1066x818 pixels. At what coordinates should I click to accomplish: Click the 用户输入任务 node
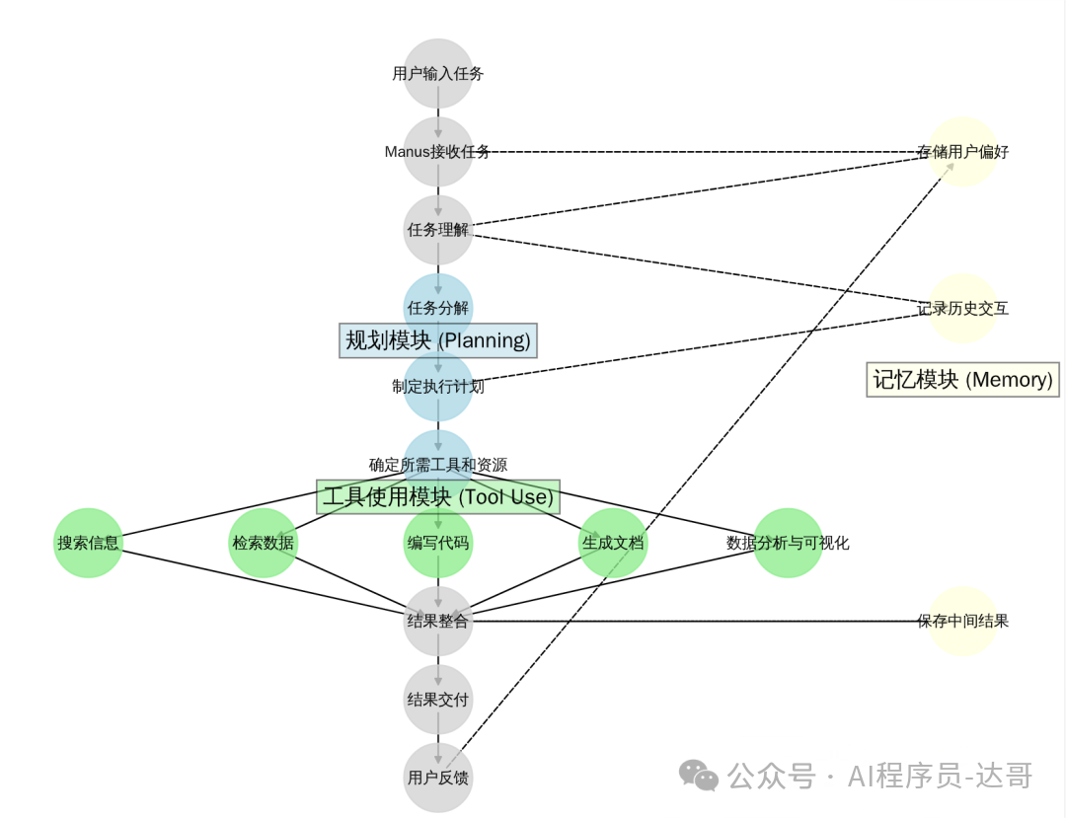(438, 73)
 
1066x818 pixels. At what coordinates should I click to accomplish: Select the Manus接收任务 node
(438, 152)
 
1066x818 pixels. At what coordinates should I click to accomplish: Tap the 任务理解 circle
(438, 230)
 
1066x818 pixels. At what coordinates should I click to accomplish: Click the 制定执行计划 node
(438, 387)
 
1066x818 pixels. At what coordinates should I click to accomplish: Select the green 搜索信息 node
(88, 543)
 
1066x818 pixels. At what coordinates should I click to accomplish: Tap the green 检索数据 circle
(263, 543)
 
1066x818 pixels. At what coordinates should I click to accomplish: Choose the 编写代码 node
(438, 543)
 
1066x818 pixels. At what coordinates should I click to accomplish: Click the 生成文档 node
(613, 543)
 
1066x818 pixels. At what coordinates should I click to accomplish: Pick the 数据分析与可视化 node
(788, 543)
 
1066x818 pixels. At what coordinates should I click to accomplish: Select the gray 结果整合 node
(438, 622)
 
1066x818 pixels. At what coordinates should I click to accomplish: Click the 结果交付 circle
(438, 700)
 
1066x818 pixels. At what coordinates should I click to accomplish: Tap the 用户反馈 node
(438, 778)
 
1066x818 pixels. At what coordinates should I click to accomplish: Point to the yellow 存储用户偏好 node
(962, 152)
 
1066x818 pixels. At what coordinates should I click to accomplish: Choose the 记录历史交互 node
(962, 308)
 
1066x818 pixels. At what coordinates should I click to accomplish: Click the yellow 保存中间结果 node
(962, 622)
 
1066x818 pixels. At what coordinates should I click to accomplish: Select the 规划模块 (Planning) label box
(438, 340)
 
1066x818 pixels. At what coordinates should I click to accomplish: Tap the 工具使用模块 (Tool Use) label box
(438, 496)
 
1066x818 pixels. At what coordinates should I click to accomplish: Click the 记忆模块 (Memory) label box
(962, 379)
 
